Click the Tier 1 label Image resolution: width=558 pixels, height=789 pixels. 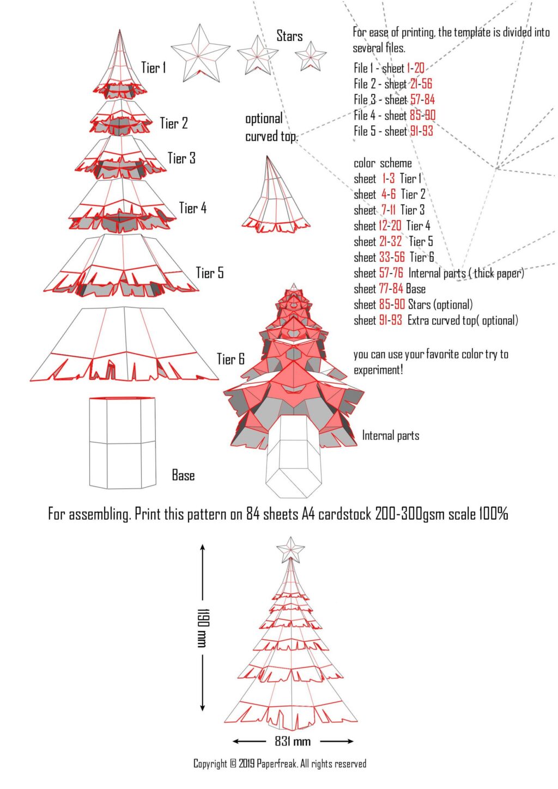(153, 68)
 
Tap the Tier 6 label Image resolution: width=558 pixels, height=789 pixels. (231, 359)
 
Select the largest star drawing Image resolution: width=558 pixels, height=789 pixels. (200, 53)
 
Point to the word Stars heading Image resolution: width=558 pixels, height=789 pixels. (289, 37)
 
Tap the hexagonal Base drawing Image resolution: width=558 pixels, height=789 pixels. (122, 442)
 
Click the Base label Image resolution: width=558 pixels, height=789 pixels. (183, 476)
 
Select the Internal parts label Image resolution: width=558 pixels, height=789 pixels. (390, 435)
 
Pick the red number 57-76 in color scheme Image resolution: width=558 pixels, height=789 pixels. (391, 274)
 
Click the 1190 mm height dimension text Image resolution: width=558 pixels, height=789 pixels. (202, 628)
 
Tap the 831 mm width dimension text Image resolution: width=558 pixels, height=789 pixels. (293, 742)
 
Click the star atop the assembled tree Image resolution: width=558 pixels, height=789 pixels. (290, 549)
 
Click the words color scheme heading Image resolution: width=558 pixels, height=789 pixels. (383, 163)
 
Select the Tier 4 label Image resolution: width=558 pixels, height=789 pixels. (193, 208)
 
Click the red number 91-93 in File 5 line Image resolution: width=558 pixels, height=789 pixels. (421, 131)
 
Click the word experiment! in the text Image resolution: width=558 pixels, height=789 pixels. (378, 370)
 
